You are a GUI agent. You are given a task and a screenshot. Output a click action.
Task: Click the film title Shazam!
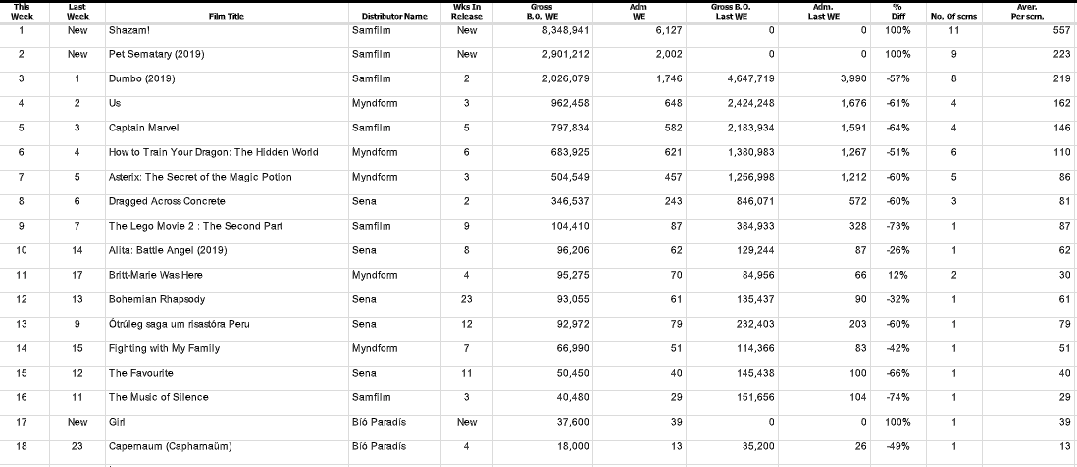pos(128,30)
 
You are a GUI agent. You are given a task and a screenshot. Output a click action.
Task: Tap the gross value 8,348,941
pos(564,30)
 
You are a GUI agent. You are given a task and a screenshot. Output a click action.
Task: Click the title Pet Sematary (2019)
pos(157,54)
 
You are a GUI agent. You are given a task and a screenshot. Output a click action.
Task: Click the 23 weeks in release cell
pos(467,299)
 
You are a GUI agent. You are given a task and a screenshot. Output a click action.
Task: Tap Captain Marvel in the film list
pos(144,128)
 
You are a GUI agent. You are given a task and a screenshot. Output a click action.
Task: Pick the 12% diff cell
pos(901,275)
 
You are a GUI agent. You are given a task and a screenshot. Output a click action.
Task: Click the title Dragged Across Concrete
pos(167,201)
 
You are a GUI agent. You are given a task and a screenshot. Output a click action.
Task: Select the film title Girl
pos(117,422)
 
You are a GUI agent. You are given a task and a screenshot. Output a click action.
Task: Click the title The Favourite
pos(140,373)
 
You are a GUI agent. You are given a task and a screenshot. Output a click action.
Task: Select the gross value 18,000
pos(569,446)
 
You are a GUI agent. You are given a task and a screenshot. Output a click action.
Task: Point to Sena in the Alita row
pos(364,250)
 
